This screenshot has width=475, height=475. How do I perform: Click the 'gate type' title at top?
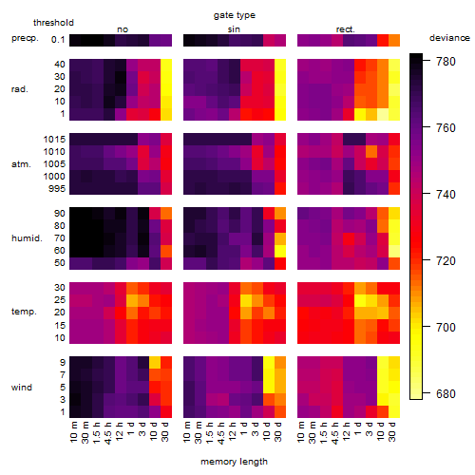pos(235,15)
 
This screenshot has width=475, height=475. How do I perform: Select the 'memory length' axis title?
pos(234,462)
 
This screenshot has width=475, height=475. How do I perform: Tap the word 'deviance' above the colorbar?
pos(449,38)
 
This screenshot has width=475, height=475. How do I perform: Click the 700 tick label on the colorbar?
pos(446,327)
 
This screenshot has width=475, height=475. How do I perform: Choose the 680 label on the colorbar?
pos(446,393)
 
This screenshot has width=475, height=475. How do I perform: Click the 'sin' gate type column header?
pos(234,29)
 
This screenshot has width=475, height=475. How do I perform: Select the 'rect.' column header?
pos(346,29)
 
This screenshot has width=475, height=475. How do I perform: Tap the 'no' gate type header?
pos(123,29)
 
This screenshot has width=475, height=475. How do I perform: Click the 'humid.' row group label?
pos(27,238)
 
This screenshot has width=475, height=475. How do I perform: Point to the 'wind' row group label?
pos(22,388)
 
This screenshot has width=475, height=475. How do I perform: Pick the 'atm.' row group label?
pos(21,164)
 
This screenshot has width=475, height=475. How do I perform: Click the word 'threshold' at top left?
pos(53,23)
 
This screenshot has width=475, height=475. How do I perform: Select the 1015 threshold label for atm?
pos(54,140)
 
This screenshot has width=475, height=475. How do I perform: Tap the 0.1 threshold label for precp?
pos(58,40)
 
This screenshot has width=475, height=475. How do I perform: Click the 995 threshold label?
pos(57,189)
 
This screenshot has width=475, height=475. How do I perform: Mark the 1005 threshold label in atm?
pos(54,164)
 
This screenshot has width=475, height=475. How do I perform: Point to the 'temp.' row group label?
pos(24,312)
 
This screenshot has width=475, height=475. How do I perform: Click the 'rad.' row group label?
pos(20,89)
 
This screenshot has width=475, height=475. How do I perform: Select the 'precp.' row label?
pos(25,38)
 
